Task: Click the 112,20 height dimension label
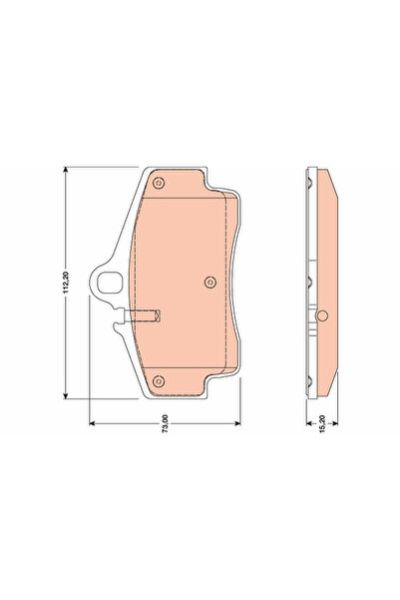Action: tap(66, 283)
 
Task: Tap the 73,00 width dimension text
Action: tap(166, 423)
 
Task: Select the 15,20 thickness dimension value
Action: tap(322, 423)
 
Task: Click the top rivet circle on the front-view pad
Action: tap(159, 184)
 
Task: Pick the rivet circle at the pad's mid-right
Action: tap(210, 283)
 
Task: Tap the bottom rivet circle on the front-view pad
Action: tap(159, 381)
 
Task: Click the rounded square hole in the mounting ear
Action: tap(110, 283)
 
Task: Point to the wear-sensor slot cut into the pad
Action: tap(143, 315)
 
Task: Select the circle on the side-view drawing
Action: tap(322, 315)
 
